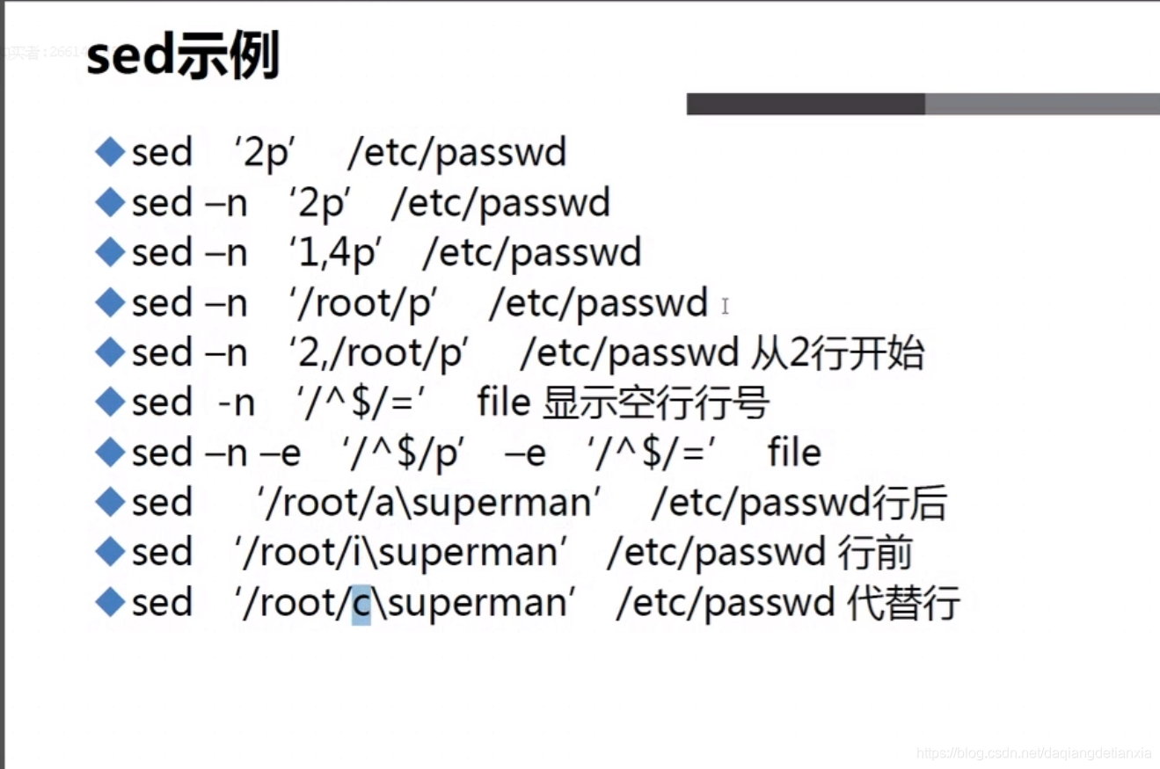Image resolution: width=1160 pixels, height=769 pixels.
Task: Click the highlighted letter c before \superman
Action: (x=361, y=604)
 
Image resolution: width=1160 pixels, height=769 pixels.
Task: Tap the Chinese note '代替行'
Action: (x=902, y=604)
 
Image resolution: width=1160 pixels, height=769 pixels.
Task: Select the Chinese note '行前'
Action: (x=875, y=553)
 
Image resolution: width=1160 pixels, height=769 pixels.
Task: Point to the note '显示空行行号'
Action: (x=656, y=403)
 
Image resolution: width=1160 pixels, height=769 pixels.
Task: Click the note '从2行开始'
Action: (x=837, y=353)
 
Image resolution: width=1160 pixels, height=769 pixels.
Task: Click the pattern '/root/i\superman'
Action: (x=400, y=553)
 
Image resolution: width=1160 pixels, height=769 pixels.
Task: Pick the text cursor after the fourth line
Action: (x=726, y=306)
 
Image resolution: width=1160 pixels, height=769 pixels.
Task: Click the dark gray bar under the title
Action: (x=805, y=105)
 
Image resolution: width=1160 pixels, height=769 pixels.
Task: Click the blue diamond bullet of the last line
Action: (x=111, y=603)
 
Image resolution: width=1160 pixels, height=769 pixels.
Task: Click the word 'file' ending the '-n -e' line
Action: (x=794, y=453)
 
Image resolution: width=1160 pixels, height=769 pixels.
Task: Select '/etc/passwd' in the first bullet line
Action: (x=457, y=154)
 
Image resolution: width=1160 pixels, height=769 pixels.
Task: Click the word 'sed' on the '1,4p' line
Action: (x=162, y=253)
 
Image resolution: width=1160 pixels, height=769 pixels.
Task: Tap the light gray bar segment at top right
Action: (x=1042, y=105)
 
